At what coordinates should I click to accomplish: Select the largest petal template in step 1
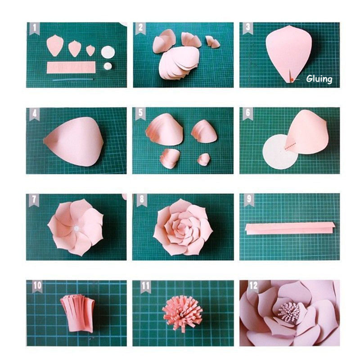54,45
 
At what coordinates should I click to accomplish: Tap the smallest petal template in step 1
90,49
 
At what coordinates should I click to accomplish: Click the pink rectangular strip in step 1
71,67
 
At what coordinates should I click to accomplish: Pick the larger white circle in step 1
108,51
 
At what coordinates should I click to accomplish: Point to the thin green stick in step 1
72,80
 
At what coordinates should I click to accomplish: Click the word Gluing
319,79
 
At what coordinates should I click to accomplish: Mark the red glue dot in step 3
292,79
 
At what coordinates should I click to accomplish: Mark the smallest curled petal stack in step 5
204,159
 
